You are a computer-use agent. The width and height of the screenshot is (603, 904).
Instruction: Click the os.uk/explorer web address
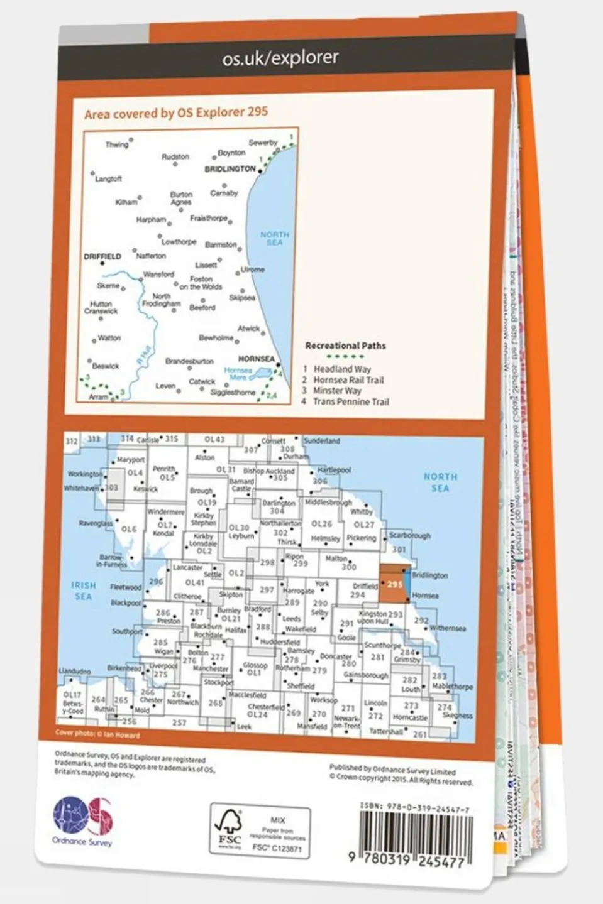[x=280, y=58]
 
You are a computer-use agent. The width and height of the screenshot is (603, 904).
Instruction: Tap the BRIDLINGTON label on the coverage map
[x=230, y=169]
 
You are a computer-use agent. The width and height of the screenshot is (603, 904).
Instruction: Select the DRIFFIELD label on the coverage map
[x=102, y=256]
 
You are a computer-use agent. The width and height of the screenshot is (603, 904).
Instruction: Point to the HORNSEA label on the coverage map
[x=256, y=359]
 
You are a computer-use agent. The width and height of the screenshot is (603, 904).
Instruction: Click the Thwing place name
[x=116, y=144]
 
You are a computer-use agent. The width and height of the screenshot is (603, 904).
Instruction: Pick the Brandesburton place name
[x=189, y=361]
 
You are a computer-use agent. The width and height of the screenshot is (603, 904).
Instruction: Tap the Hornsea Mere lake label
[x=238, y=374]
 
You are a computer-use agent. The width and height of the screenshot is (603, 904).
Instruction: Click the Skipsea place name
[x=242, y=298]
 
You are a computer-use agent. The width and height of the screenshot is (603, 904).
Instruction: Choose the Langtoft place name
[x=108, y=179]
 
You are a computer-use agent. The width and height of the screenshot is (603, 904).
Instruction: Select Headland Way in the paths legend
[x=342, y=369]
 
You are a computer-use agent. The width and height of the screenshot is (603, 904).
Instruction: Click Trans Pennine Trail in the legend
[x=351, y=401]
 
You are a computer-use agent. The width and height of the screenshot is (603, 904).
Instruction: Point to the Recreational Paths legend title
[x=345, y=346]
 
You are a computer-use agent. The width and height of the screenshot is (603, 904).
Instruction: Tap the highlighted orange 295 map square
[x=394, y=584]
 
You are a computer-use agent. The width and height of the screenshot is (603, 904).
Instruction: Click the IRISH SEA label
[x=83, y=591]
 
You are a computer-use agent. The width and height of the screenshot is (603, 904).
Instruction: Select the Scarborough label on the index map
[x=410, y=536]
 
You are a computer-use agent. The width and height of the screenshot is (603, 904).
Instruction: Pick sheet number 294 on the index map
[x=357, y=594]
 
